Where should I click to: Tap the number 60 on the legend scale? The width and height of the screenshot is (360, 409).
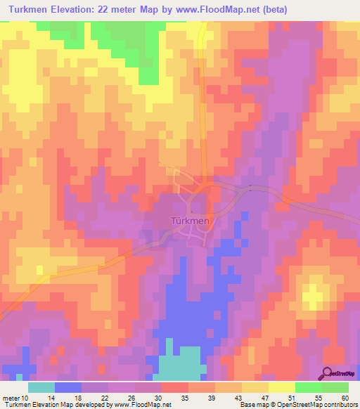345,398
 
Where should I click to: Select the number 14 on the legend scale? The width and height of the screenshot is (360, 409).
56,398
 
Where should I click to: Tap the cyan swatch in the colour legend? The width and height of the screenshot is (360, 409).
41,387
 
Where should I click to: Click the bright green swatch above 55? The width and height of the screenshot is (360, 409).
308,387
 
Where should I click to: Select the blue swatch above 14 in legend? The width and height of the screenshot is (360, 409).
68,387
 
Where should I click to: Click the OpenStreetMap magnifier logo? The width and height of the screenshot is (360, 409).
328,372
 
